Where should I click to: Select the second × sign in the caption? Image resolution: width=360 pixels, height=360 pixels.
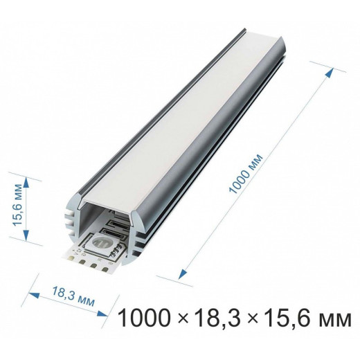click(247, 320)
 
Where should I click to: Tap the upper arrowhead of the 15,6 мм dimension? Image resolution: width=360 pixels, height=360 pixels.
click(27, 181)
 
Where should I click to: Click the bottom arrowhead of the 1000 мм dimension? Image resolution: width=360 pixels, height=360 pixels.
click(184, 275)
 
